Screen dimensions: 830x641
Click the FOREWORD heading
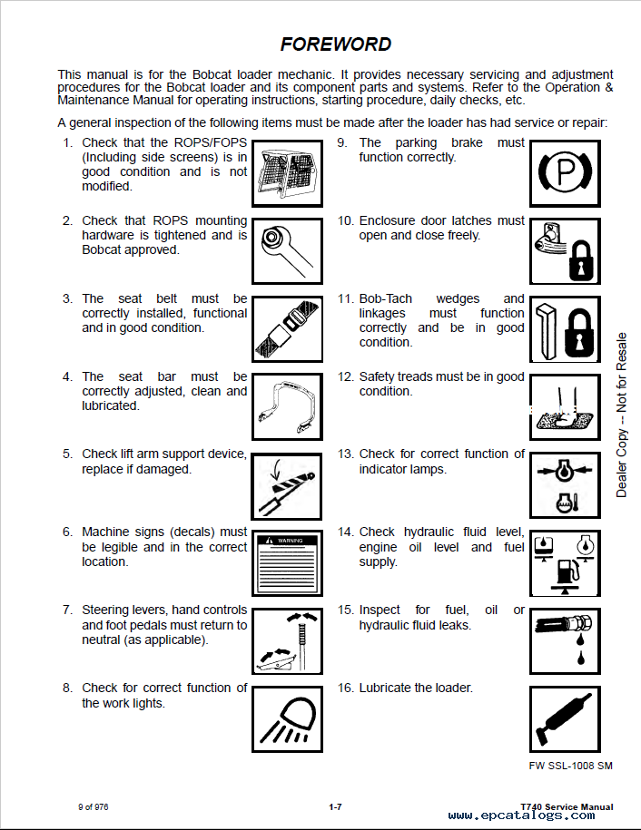[x=336, y=44]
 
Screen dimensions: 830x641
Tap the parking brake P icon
[x=564, y=173]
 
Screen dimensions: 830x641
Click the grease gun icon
[x=564, y=718]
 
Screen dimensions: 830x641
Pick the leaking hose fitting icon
[x=564, y=640]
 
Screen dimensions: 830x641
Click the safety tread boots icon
[x=564, y=405]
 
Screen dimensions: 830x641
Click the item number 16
[x=345, y=688]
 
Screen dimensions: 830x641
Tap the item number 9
[x=342, y=142]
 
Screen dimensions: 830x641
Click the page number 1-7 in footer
[x=335, y=807]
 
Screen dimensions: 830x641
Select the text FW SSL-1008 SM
[x=570, y=766]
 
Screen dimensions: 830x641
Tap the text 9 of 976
[x=93, y=807]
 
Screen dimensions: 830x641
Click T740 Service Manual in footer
[x=567, y=806]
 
